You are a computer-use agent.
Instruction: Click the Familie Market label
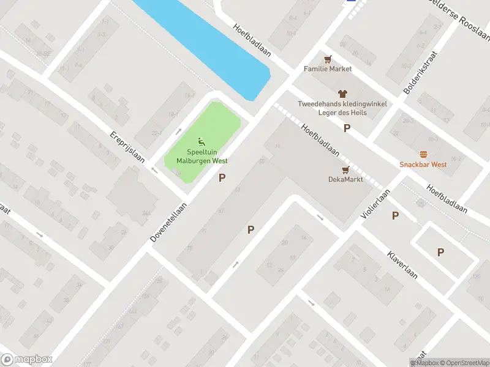point(328,69)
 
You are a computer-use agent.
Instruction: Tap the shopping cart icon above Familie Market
point(328,59)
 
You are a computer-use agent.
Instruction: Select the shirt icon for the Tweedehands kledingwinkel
point(342,94)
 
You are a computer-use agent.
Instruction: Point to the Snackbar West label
point(423,165)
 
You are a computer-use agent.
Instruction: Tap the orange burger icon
point(423,154)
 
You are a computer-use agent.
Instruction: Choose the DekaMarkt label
point(345,179)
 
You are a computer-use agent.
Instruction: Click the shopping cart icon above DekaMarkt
point(345,169)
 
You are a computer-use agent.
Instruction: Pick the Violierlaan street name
point(375,204)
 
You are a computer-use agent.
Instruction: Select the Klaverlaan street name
point(402,264)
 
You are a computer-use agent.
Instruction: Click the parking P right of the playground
point(222,178)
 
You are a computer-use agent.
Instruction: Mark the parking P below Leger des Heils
point(347,128)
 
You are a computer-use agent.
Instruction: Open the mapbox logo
point(27,360)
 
